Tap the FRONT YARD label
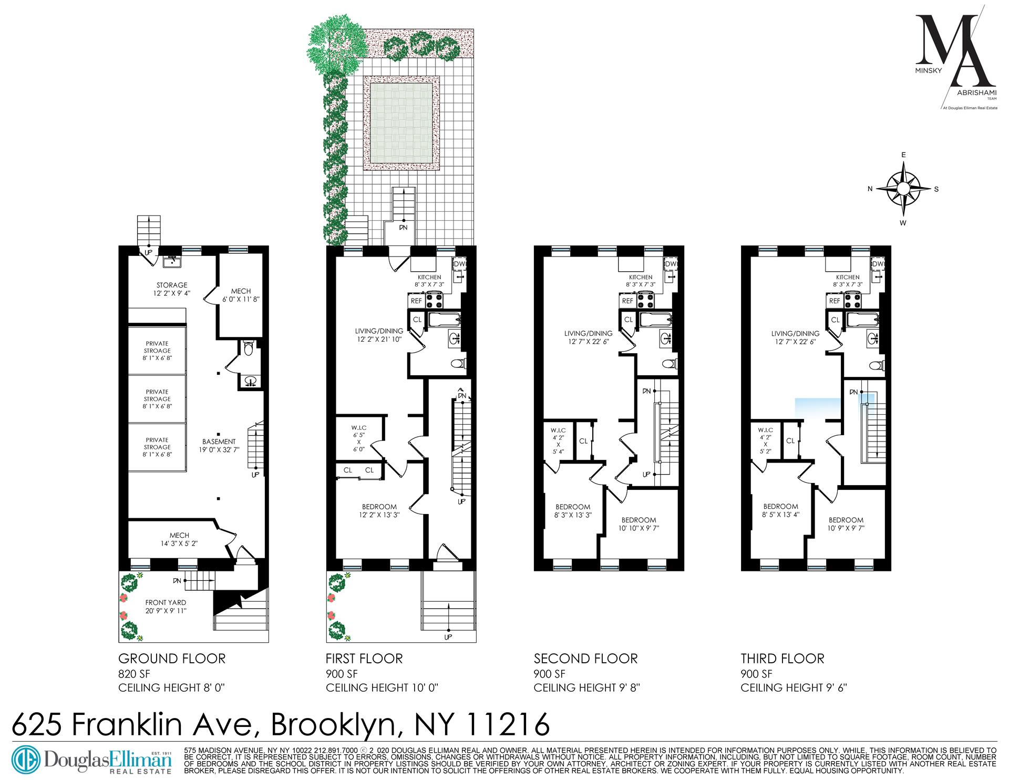[166, 602]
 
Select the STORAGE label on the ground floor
[171, 285]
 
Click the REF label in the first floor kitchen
[416, 301]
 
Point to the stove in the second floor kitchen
[645, 301]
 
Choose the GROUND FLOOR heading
[172, 658]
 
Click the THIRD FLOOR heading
[783, 658]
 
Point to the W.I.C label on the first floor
[359, 428]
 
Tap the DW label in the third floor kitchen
[877, 264]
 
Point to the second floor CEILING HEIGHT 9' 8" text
[586, 687]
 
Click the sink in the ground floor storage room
[171, 261]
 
